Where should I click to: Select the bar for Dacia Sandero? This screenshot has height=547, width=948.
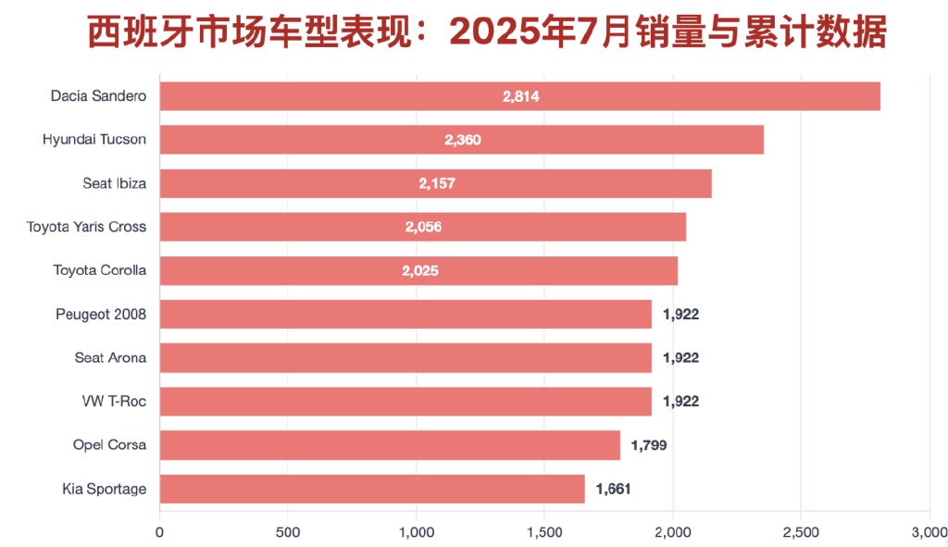click(519, 96)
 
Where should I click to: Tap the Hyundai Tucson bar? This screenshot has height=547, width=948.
click(461, 140)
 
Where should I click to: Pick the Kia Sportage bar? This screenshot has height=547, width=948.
click(372, 489)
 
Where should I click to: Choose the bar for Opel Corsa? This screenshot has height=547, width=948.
click(390, 445)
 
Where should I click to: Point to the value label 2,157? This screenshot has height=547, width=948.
click(437, 183)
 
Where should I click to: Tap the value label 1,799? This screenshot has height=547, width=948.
click(648, 445)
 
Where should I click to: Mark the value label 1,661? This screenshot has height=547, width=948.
click(613, 489)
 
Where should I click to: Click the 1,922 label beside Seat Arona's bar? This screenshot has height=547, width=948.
click(680, 357)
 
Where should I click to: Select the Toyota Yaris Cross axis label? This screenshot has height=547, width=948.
click(86, 227)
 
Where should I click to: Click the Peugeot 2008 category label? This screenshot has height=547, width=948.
click(101, 314)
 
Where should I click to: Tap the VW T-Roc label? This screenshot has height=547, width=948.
click(114, 401)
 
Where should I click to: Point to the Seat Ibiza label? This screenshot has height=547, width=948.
click(115, 183)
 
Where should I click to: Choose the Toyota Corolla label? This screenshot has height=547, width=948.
click(100, 270)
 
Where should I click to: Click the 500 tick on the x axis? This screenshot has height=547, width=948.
click(288, 531)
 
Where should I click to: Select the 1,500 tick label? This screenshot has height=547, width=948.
click(544, 531)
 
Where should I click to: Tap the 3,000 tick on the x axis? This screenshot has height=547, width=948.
click(929, 531)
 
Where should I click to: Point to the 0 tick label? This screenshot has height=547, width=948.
click(160, 531)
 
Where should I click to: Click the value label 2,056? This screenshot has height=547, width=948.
click(423, 227)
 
